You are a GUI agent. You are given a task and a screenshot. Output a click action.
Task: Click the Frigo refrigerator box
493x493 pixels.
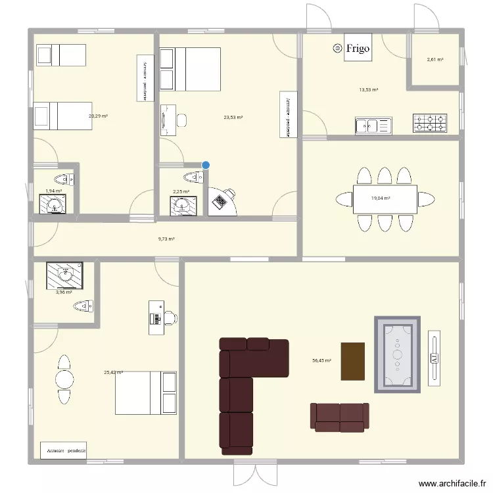point(358,48)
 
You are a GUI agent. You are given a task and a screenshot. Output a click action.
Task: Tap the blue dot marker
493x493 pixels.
point(206,166)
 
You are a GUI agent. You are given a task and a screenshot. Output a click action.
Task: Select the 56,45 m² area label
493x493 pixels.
point(322,360)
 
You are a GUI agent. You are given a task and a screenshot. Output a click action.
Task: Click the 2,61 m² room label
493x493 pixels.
point(435,60)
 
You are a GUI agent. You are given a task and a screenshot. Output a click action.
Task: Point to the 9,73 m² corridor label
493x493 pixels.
point(167,240)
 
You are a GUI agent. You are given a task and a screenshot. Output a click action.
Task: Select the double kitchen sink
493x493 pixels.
point(373,124)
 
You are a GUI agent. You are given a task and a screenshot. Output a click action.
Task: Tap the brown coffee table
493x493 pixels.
point(352,362)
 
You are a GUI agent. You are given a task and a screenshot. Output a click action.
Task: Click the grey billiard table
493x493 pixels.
point(397,355)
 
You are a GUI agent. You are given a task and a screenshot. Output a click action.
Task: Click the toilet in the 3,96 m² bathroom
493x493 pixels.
point(83,306)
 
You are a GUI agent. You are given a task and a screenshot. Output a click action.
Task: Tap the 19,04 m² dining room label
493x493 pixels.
point(381,198)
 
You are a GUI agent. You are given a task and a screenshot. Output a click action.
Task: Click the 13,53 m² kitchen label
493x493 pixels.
point(368,90)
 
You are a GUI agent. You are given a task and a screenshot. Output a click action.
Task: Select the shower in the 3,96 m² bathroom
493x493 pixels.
point(64,275)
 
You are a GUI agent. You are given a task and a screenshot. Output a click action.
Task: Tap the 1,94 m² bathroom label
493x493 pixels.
point(53,191)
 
